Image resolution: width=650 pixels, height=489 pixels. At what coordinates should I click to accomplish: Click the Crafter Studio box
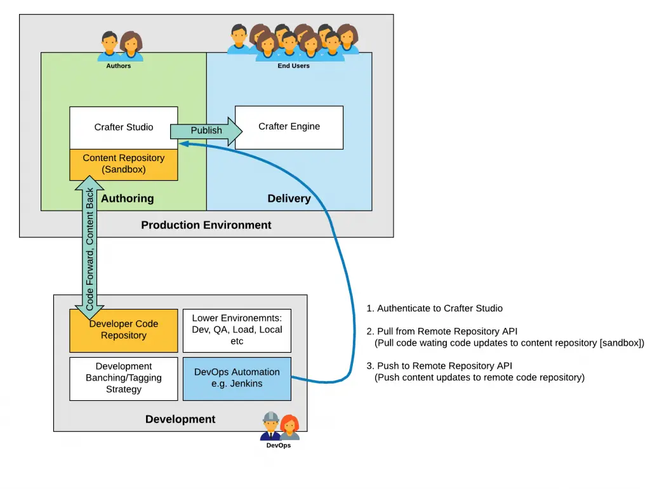pos(124,127)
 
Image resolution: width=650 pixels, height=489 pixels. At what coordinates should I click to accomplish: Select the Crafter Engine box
pos(289,127)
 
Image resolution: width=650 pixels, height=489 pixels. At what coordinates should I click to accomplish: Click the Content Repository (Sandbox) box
pos(124,164)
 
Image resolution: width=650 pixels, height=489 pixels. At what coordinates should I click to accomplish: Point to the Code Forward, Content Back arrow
pos(90,249)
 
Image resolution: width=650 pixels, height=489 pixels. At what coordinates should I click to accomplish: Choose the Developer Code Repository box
pos(124,330)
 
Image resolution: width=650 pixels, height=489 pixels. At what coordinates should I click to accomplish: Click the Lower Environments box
pos(237,330)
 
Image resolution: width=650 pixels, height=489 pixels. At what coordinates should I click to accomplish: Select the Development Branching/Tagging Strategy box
pos(124,378)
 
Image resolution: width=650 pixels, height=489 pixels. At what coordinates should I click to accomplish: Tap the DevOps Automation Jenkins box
pos(237,378)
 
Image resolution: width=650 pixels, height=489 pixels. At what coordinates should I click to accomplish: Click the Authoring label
pos(128,199)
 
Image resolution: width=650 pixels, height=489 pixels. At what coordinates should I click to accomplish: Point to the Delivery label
pos(289,199)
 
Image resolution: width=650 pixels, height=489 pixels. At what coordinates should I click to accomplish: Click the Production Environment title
pos(206,225)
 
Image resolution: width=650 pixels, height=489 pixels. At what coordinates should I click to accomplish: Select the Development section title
pos(180,419)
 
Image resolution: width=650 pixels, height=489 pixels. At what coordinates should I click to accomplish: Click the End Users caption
pos(293,66)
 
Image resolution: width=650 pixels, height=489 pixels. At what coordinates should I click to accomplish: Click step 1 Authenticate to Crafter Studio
pos(434,309)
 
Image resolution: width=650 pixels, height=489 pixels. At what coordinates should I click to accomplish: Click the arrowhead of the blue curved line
pos(183,143)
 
